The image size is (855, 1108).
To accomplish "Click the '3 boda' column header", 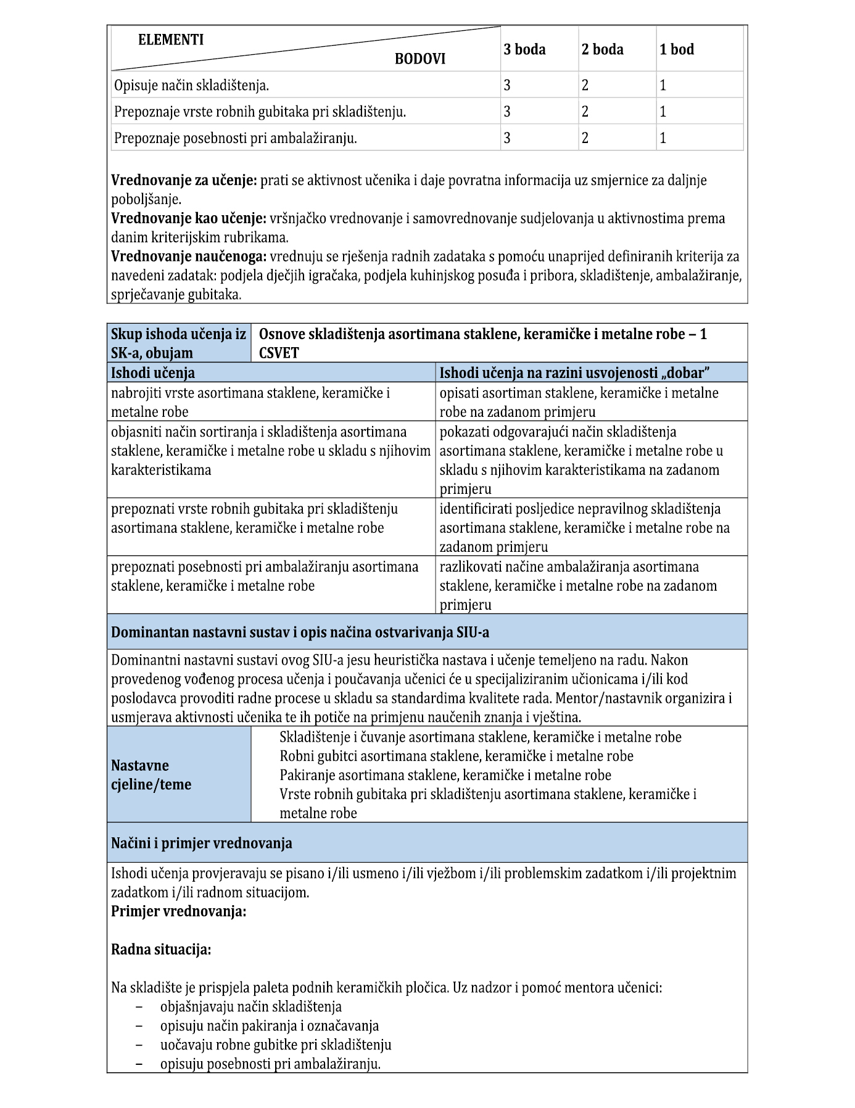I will click(524, 49).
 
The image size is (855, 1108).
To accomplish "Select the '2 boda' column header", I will click(602, 49).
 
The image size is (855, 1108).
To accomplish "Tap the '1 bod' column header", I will click(677, 49).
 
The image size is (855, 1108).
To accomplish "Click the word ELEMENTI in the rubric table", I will click(171, 40).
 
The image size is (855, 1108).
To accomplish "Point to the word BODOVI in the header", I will click(419, 59).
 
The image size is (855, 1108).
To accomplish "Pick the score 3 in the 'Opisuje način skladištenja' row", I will click(507, 85).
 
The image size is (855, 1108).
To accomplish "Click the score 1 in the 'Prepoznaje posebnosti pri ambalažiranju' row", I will click(663, 138).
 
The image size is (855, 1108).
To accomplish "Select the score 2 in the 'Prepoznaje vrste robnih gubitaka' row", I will click(585, 112).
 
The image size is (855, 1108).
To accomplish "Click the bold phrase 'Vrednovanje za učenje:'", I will click(184, 181).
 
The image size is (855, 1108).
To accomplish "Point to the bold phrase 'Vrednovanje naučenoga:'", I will click(189, 256).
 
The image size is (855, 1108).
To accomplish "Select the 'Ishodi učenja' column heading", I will click(153, 372).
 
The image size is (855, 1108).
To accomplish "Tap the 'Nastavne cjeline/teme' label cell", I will click(151, 775).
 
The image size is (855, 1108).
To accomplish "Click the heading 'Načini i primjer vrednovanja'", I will click(202, 843).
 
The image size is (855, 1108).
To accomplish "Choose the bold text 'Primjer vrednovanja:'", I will click(179, 911).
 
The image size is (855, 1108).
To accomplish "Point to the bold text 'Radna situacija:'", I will click(161, 950).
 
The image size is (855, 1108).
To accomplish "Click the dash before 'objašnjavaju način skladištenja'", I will click(140, 1007).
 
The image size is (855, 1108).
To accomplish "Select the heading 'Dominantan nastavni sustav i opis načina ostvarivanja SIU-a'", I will click(300, 632).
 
